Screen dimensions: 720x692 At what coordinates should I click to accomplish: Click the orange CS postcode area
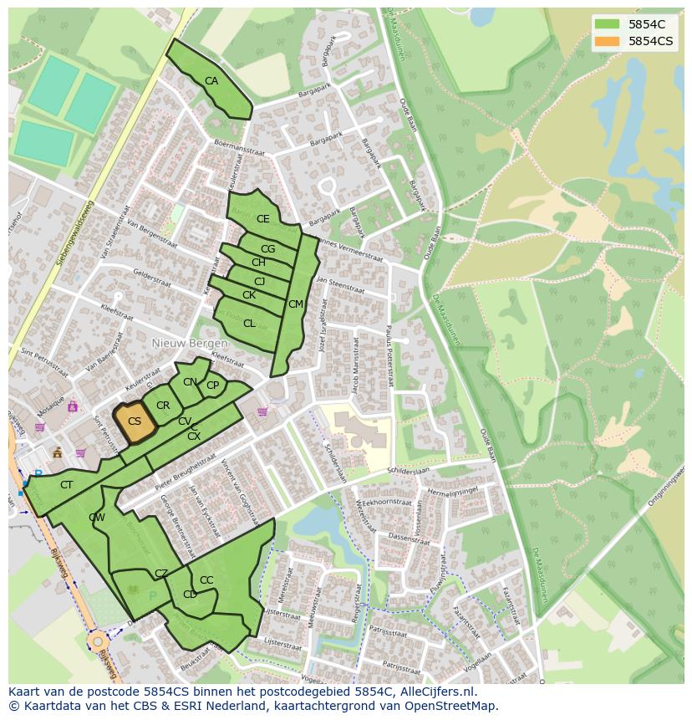[x=135, y=423]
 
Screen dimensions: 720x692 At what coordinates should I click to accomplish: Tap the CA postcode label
[x=211, y=81]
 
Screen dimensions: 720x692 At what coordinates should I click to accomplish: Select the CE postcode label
[x=263, y=219]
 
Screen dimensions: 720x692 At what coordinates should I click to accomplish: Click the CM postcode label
[x=295, y=304]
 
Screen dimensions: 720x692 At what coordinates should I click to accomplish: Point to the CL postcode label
[x=249, y=324]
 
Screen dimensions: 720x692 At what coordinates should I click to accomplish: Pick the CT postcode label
[x=67, y=485]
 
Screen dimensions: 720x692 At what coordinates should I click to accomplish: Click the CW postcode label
[x=97, y=518]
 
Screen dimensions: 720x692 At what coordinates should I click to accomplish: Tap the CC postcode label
[x=206, y=580]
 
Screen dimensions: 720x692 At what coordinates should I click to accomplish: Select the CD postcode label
[x=190, y=595]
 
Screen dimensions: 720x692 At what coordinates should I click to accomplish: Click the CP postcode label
[x=212, y=386]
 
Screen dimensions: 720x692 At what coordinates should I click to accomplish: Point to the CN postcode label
[x=190, y=382]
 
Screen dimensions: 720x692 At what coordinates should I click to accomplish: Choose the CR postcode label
[x=163, y=406]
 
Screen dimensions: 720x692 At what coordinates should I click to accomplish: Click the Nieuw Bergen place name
[x=190, y=344]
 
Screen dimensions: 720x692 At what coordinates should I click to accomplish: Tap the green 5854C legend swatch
[x=608, y=24]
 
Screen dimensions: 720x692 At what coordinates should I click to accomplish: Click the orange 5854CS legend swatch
[x=608, y=40]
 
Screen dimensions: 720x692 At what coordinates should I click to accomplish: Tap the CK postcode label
[x=249, y=295]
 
